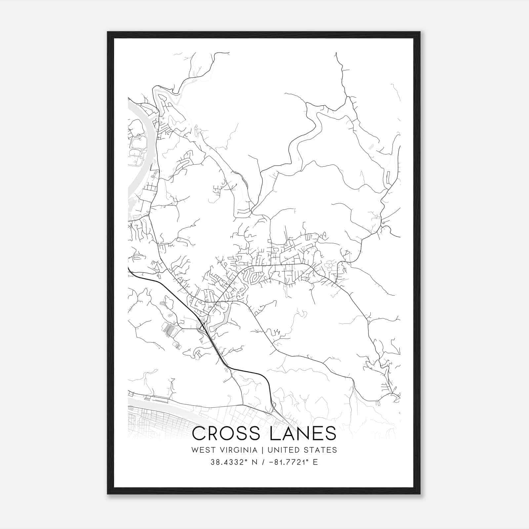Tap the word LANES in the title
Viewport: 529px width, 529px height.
[303, 433]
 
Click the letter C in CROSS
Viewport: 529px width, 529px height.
[199, 433]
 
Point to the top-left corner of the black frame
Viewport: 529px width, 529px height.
[108, 32]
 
